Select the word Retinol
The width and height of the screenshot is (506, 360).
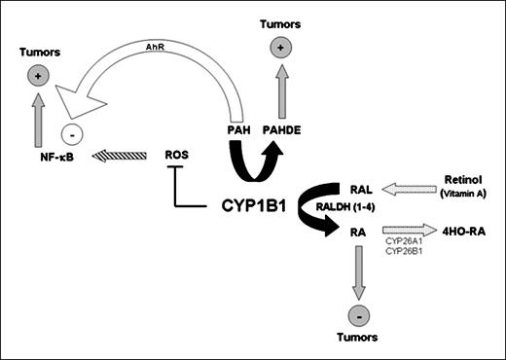pyautogui.click(x=465, y=181)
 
